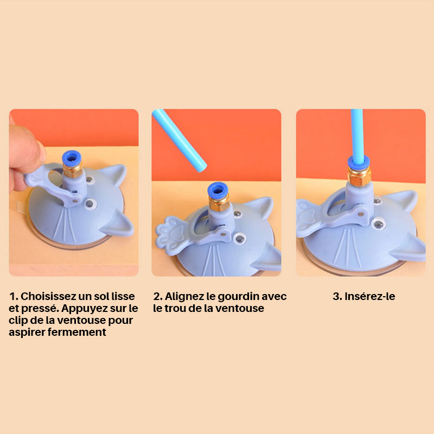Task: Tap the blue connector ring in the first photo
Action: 72,158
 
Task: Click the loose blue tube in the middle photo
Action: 180,140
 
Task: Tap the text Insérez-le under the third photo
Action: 370,296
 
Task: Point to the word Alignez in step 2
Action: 184,297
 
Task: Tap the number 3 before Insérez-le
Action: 336,296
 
